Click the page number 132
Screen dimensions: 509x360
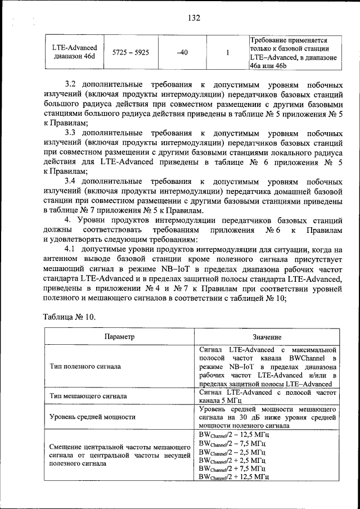click(194, 17)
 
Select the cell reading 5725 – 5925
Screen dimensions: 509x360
click(130, 52)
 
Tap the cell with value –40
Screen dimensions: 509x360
click(182, 52)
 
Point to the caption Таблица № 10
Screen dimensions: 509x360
click(70, 317)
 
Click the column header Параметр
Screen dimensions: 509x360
click(120, 336)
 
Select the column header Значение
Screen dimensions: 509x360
click(267, 336)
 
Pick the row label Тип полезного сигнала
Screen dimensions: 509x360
click(85, 366)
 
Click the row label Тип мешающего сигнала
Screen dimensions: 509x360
click(88, 396)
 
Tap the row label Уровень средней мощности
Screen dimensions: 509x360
click(93, 417)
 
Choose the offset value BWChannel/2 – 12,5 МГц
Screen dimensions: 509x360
click(234, 435)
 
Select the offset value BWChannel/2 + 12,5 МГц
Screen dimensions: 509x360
click(234, 476)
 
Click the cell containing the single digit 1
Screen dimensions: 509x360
click(227, 52)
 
